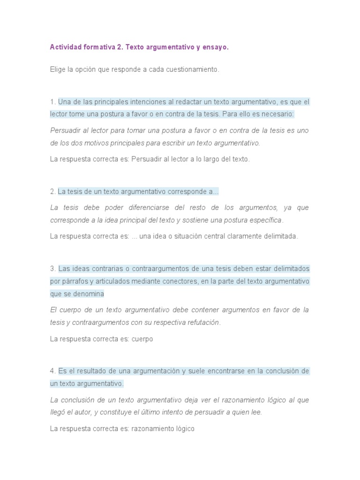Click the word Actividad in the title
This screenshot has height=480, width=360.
tap(66, 47)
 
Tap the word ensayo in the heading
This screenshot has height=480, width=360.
tap(215, 47)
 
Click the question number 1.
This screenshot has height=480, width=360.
tap(52, 102)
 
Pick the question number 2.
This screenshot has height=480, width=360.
tap(52, 191)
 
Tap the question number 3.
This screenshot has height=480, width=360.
tap(52, 269)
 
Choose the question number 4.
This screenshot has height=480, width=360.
tap(52, 371)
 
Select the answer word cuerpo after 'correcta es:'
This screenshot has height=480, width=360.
tap(142, 339)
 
